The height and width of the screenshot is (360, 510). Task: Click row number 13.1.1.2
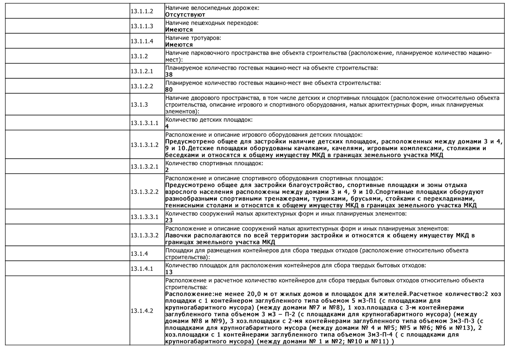click(x=142, y=11)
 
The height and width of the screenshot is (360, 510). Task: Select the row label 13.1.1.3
click(x=142, y=26)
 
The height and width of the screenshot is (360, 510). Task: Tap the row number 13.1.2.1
click(x=142, y=71)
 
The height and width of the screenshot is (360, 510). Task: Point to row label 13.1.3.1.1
click(x=144, y=123)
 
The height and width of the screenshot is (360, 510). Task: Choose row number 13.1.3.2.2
click(x=144, y=192)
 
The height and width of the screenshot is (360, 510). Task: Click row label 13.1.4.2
click(x=142, y=311)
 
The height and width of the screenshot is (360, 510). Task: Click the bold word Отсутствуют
click(x=185, y=15)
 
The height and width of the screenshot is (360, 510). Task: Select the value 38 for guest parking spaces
click(x=169, y=75)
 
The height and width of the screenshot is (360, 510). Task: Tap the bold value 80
click(x=169, y=90)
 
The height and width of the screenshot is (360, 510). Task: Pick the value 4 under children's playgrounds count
click(x=167, y=126)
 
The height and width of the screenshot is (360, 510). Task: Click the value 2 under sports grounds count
click(x=167, y=170)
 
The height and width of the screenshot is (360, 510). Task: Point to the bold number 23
click(x=169, y=220)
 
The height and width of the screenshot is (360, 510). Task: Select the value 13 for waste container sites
click(x=169, y=272)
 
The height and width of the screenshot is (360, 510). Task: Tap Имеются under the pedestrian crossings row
click(x=179, y=30)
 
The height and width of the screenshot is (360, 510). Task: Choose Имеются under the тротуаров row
click(x=179, y=45)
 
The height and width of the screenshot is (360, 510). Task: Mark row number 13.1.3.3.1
click(x=144, y=217)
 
